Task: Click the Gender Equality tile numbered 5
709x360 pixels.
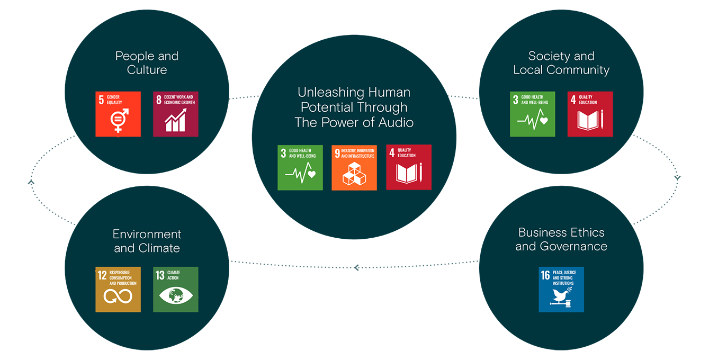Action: click(x=118, y=114)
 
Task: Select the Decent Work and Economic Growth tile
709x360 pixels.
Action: click(x=176, y=114)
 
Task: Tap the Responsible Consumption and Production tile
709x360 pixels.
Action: click(x=118, y=289)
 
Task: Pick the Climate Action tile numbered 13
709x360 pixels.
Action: click(x=176, y=289)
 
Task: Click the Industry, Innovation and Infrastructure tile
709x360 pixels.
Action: click(x=354, y=167)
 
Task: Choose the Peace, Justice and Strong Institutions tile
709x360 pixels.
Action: click(x=561, y=289)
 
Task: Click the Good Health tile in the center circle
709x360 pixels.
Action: click(x=300, y=167)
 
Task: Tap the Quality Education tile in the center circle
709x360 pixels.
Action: click(x=409, y=167)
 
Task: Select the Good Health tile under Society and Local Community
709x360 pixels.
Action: click(x=533, y=114)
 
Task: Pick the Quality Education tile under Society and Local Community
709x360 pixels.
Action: click(x=590, y=114)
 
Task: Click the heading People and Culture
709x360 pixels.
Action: click(x=147, y=63)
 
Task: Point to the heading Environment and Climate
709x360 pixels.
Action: click(x=147, y=241)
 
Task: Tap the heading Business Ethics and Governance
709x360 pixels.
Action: click(x=561, y=239)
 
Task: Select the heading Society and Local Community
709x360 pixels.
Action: click(x=561, y=63)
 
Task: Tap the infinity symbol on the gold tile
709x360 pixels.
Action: click(x=118, y=296)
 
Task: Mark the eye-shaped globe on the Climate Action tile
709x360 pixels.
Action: click(x=176, y=296)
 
